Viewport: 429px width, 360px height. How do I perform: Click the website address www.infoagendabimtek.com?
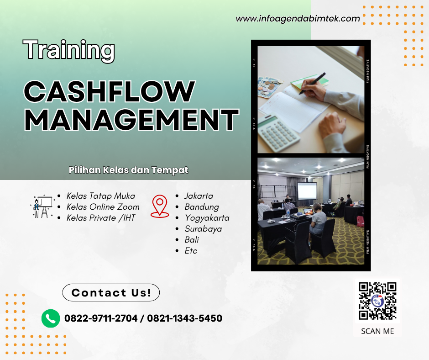298,19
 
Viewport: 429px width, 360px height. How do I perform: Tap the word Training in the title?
69,50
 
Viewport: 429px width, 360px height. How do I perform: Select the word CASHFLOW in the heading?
109,91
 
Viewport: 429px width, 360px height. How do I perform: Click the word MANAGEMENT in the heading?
131,120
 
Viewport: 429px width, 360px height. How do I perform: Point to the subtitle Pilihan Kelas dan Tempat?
128,170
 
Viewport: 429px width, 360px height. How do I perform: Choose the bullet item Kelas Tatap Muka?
100,196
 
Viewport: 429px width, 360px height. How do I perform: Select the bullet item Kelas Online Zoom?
103,207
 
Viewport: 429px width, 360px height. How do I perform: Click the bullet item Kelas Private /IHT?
101,218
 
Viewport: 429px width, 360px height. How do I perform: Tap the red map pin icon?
160,206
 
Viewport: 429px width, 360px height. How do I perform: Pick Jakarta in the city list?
199,196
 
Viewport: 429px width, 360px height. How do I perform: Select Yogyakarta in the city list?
207,218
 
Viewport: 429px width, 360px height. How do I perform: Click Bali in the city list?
192,239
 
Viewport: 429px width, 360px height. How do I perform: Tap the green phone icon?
51,318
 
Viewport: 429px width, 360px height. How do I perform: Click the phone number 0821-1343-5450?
184,318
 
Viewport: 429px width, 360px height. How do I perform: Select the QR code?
377,301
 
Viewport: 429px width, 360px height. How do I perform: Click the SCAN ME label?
377,331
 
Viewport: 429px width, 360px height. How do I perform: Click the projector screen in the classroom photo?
307,194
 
